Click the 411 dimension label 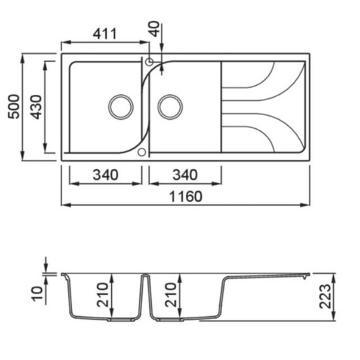105,34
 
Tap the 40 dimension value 154,29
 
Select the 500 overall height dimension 14,107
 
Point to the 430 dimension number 37,107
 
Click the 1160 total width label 186,196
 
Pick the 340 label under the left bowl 105,175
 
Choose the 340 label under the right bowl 185,175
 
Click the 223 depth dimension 325,296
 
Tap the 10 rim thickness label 37,293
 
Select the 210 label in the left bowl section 102,295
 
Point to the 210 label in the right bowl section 171,295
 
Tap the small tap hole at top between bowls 149,62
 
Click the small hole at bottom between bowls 141,152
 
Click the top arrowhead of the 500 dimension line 22,59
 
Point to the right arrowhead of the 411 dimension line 144,43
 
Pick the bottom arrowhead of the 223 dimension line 334,315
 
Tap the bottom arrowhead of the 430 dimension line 45,147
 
